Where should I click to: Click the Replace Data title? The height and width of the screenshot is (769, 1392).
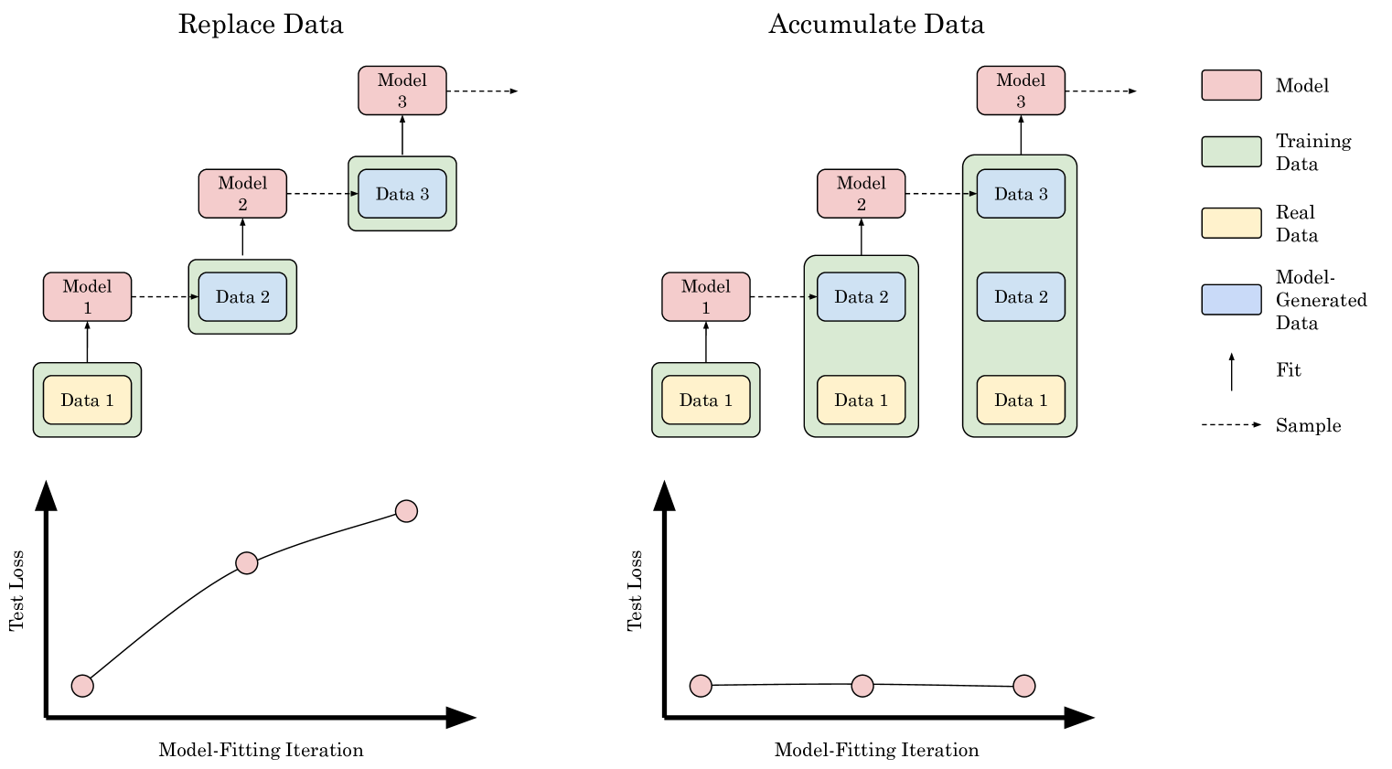tap(261, 24)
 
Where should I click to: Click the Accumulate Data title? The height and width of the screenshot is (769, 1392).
tap(876, 24)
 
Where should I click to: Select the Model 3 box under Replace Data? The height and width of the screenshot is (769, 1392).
tap(402, 91)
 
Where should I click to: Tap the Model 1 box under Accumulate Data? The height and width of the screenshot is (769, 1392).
tap(706, 297)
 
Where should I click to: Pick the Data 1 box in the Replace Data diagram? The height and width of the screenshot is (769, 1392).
tap(87, 400)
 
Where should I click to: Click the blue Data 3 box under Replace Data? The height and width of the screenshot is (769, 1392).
tap(402, 194)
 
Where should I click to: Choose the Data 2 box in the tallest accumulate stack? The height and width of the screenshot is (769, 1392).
tap(1021, 297)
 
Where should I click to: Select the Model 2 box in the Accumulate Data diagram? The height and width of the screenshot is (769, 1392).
tap(862, 194)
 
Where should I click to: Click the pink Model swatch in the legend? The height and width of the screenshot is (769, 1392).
tap(1231, 85)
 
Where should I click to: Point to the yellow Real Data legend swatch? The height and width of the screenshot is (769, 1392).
tap(1231, 223)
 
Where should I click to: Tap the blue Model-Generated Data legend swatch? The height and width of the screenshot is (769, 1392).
tap(1231, 299)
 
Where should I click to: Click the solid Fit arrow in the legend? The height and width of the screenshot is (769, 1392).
tap(1232, 371)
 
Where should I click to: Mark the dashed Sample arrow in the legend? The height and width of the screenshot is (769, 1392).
tap(1231, 425)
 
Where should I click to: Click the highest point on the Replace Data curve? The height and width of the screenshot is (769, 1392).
tap(406, 511)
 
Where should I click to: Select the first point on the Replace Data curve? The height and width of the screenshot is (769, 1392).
tap(82, 686)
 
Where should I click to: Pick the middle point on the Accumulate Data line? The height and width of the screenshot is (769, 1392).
tap(862, 686)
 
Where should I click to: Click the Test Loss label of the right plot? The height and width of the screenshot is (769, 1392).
tap(636, 591)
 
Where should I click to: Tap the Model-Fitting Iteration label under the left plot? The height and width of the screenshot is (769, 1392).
tap(261, 750)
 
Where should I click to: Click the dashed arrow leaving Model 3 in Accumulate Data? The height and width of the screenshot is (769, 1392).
tap(1102, 91)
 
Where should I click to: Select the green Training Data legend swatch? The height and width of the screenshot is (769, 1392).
tap(1231, 152)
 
